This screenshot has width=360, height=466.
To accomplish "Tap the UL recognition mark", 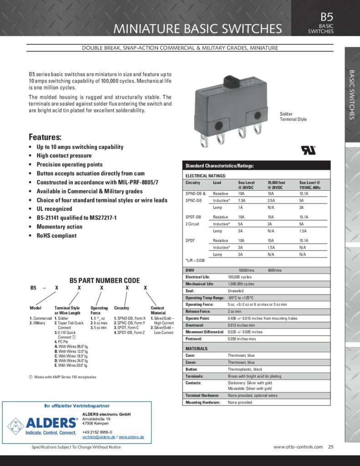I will coord(307,150).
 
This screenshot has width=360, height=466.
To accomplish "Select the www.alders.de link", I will coord(132,437).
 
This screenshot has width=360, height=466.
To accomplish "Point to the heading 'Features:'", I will coord(45,137).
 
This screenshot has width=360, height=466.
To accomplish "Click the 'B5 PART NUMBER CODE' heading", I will coord(104,280).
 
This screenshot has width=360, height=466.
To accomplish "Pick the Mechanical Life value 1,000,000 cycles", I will coord(241,284).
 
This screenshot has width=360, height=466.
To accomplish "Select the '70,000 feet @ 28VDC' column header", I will coord(275,185).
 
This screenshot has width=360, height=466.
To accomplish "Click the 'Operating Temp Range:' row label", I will coord(205,298).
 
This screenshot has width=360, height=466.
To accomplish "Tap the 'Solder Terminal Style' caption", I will coord(293,116).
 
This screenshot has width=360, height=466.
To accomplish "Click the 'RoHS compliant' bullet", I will coord(56,236).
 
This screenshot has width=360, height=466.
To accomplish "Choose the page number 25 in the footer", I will coord(331,447).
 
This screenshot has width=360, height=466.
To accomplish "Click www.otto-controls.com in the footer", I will coord(298,447).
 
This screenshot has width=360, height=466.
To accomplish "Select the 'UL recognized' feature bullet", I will coord(54,209).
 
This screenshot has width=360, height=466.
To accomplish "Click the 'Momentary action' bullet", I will coord(59,227).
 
